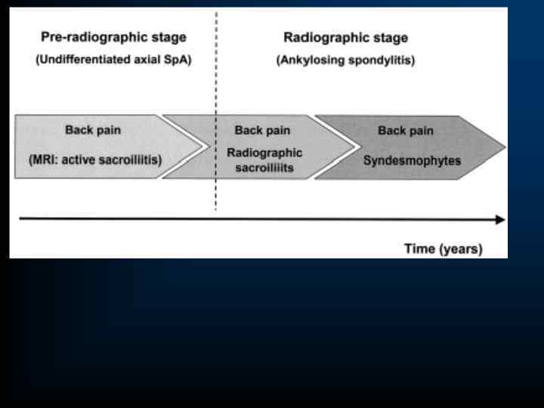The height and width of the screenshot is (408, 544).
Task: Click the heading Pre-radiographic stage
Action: click(x=113, y=37)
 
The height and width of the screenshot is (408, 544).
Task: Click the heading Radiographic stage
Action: click(x=345, y=37)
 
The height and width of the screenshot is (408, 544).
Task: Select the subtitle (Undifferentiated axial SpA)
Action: click(x=113, y=60)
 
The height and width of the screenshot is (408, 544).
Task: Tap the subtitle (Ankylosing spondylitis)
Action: click(x=345, y=60)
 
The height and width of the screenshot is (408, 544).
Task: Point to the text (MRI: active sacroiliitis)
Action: click(x=95, y=159)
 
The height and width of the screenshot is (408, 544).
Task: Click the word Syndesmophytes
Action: click(x=412, y=160)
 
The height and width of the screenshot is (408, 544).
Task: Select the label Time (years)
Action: click(x=444, y=249)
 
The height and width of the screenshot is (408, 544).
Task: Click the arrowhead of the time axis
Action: click(x=500, y=220)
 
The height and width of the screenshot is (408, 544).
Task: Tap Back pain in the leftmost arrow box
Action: click(x=92, y=130)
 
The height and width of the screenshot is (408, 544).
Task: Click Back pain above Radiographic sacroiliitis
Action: click(x=261, y=131)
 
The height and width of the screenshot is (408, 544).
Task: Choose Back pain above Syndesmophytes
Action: click(x=406, y=131)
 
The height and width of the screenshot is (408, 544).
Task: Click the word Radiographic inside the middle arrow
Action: click(x=264, y=153)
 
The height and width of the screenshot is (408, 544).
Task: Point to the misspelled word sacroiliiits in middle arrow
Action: click(x=264, y=167)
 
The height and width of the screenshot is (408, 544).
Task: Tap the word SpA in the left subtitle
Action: click(x=178, y=60)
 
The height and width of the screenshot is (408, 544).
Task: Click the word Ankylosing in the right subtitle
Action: click(x=314, y=60)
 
